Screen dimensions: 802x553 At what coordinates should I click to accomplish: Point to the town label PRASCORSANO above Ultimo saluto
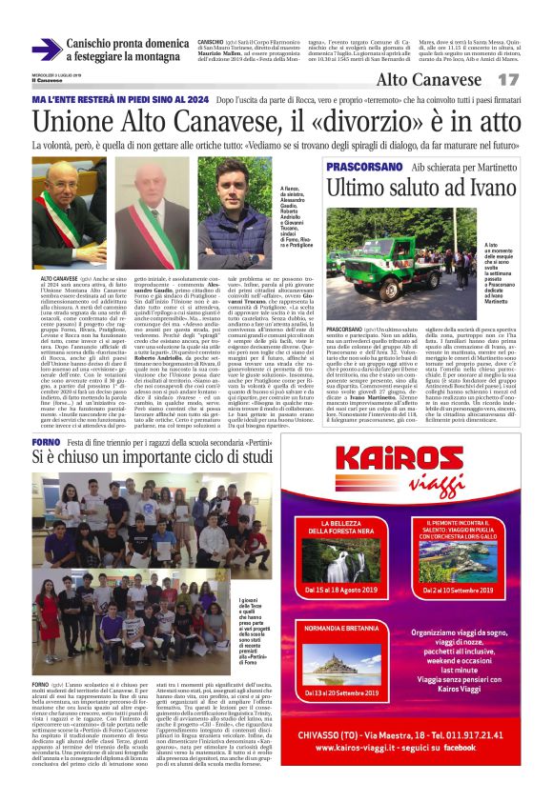pos(385,167)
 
